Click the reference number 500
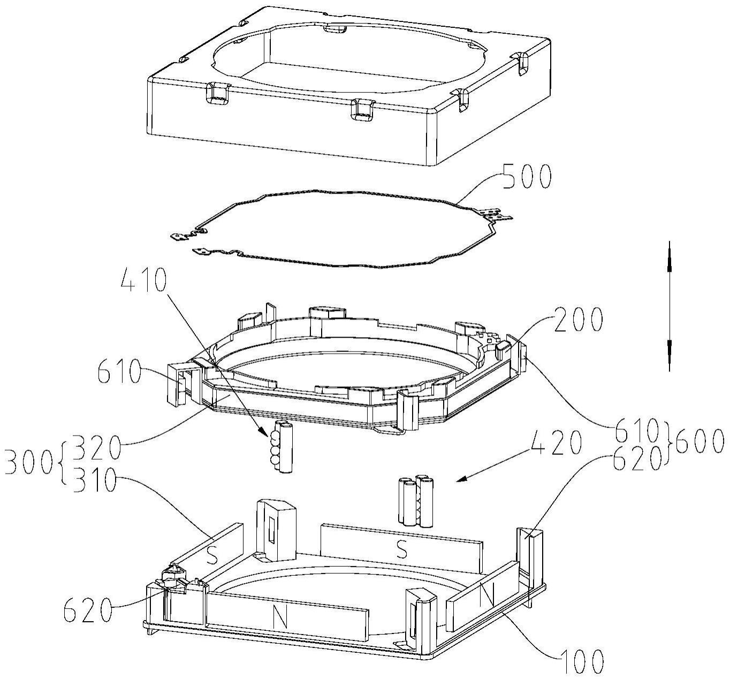(527, 176)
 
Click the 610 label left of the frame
(120, 371)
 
